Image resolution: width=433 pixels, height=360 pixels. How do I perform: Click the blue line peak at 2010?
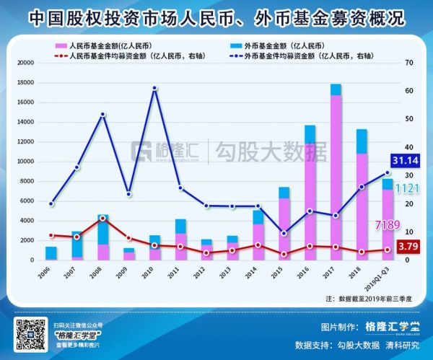155,88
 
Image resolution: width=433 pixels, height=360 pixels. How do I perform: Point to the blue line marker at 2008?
103,115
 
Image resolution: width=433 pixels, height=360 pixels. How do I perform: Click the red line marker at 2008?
103,218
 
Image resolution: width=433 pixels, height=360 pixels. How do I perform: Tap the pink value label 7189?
385,227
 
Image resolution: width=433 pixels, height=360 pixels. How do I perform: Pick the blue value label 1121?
408,188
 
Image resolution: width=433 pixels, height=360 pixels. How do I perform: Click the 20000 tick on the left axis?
26,63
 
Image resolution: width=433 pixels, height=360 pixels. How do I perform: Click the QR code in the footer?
31,335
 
